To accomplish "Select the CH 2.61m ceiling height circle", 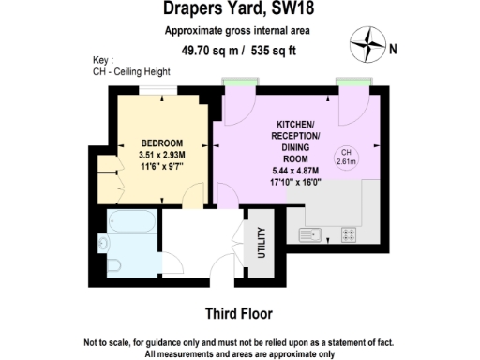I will [346, 155].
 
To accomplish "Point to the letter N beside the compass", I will [393, 50].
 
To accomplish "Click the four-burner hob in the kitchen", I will [350, 234].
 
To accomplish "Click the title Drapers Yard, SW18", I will [239, 10].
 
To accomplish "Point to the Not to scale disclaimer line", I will [240, 342].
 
